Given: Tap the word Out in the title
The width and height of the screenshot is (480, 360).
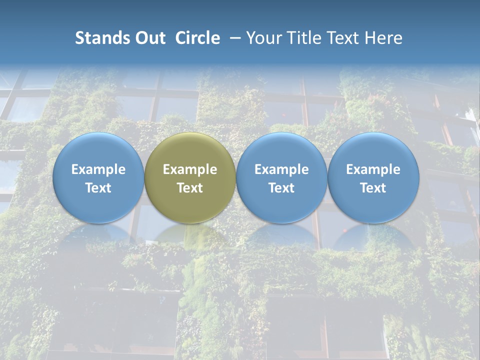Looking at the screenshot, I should click(x=149, y=38).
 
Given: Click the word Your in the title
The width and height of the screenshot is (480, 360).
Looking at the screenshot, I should click(x=262, y=38).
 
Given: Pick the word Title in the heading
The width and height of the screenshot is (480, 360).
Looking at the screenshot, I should click(x=299, y=38).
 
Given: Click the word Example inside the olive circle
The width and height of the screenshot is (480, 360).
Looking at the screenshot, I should click(x=190, y=169).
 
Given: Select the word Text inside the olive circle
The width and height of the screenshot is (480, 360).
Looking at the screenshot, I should click(x=190, y=188).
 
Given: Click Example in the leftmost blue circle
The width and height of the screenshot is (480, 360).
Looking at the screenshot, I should click(x=98, y=169).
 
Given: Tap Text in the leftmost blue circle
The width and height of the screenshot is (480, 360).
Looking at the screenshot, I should click(x=98, y=188).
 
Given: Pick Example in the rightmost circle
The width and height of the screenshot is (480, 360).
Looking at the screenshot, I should click(x=373, y=169).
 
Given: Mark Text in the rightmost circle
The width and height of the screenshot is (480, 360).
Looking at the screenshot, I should click(x=373, y=188).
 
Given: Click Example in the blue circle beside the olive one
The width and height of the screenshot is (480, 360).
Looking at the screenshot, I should click(x=281, y=169).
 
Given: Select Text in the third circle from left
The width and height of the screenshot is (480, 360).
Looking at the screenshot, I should click(x=281, y=188).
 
